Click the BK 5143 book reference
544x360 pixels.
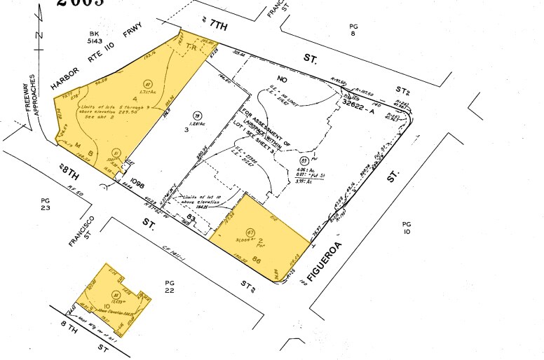[x=95, y=38]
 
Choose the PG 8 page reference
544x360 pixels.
[x=353, y=29]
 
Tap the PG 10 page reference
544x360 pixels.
[x=407, y=228]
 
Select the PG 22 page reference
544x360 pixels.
[x=169, y=286]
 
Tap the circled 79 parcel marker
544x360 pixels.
[x=197, y=116]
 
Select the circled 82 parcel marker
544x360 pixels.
[x=148, y=84]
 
